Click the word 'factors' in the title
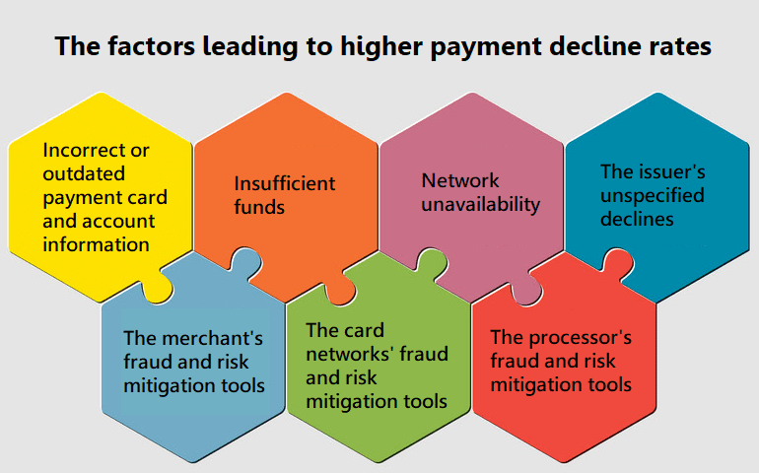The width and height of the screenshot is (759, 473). point(151,46)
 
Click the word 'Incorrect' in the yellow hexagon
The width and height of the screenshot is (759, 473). point(80,150)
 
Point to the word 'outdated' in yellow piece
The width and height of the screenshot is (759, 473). point(84,173)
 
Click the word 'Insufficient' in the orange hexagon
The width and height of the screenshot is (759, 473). point(285,183)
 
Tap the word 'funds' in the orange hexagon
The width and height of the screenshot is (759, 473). point(259,207)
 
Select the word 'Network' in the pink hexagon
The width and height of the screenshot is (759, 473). point(460,180)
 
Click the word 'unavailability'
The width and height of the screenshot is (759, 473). point(481,205)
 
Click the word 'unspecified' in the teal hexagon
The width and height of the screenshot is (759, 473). point(653,196)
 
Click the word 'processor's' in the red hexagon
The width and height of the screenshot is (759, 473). point(580,338)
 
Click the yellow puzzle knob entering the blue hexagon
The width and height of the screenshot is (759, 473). point(160,289)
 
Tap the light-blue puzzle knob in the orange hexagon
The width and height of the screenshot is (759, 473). point(245,264)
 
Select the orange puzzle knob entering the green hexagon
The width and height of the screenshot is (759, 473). point(340,291)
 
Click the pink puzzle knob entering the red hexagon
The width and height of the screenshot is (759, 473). point(526,291)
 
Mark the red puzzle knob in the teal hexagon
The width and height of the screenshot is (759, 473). point(617,264)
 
